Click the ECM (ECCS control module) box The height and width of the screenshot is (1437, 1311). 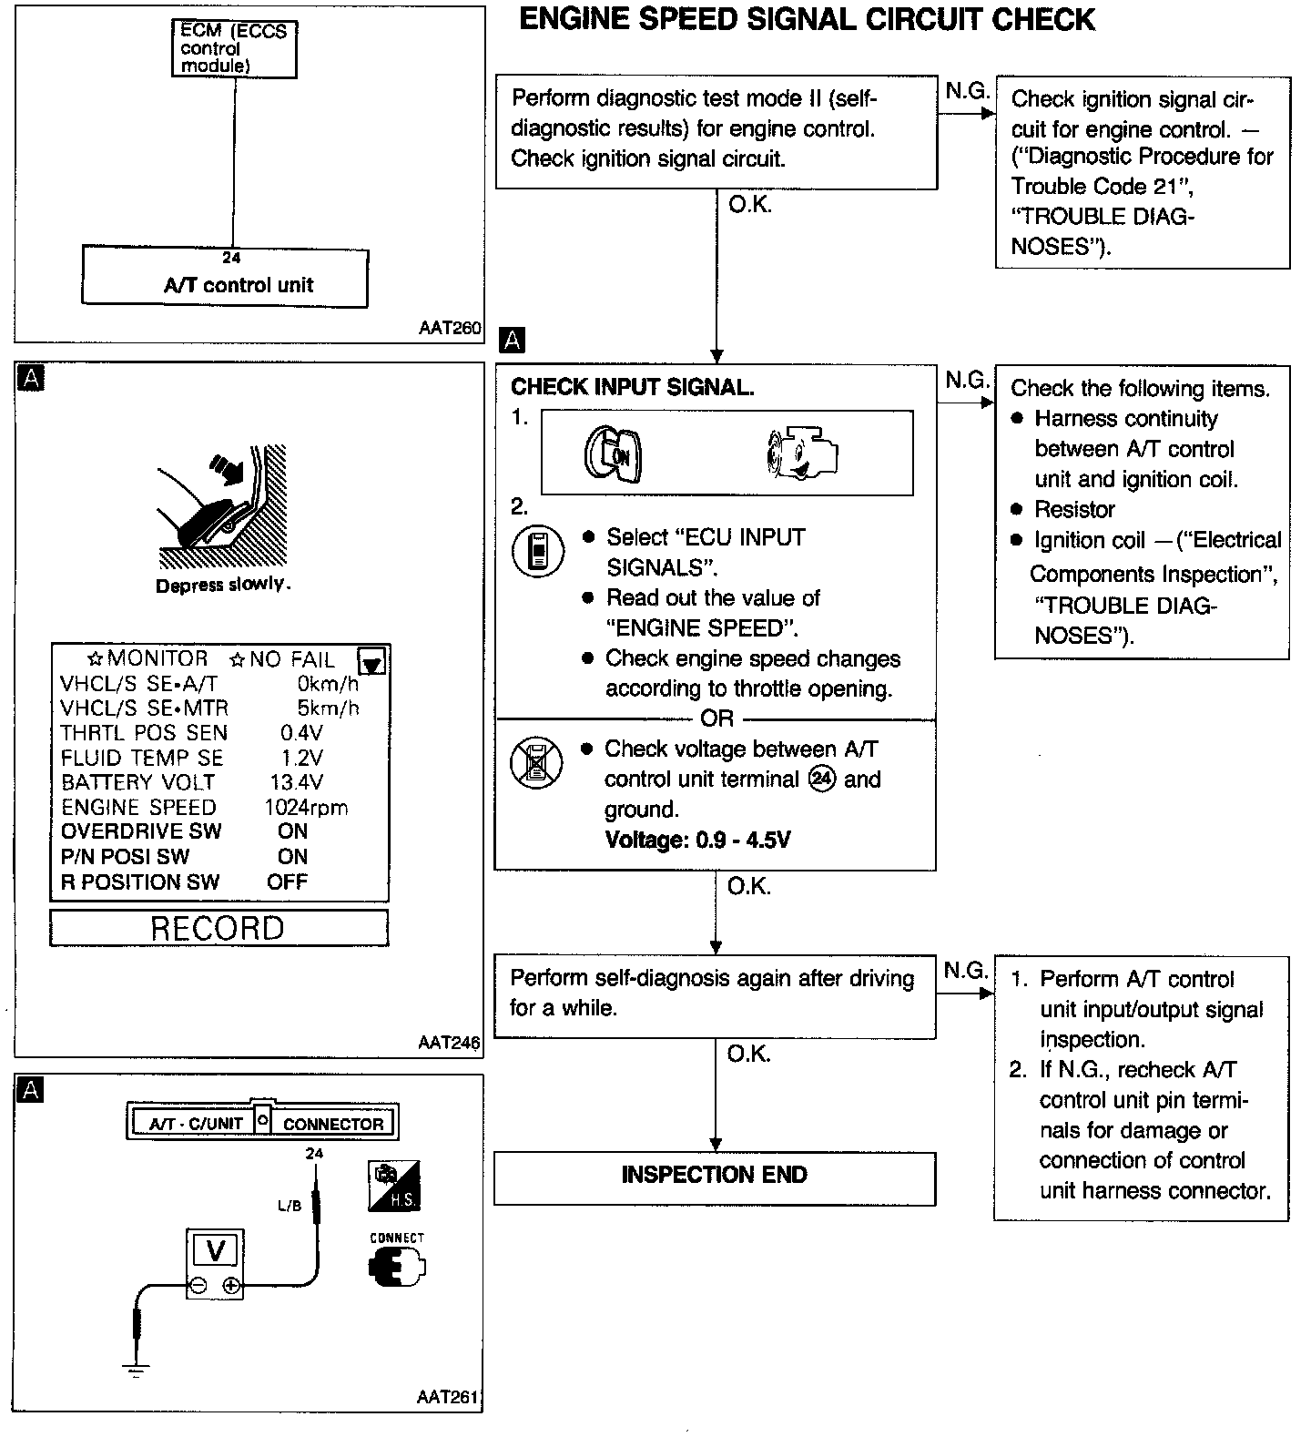pyautogui.click(x=234, y=49)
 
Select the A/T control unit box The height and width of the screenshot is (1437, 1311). pyautogui.click(x=226, y=278)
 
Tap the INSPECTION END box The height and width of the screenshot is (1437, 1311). pyautogui.click(x=714, y=1176)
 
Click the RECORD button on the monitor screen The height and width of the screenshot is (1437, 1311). pyautogui.click(x=218, y=928)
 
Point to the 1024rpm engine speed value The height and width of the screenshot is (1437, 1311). pyautogui.click(x=306, y=807)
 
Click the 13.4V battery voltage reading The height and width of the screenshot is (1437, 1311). pyautogui.click(x=297, y=782)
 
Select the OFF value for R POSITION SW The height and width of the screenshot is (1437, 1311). pyautogui.click(x=287, y=882)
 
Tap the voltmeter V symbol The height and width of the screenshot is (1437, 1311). pyautogui.click(x=215, y=1250)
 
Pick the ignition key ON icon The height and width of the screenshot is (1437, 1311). pyautogui.click(x=613, y=454)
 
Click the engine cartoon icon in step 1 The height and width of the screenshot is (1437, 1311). pyautogui.click(x=801, y=453)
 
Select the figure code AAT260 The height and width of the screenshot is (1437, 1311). pyautogui.click(x=450, y=328)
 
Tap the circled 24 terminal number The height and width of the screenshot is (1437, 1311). pyautogui.click(x=822, y=780)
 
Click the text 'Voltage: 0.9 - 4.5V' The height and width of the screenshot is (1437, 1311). pyautogui.click(x=697, y=840)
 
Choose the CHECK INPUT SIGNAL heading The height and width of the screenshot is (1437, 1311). pyautogui.click(x=632, y=387)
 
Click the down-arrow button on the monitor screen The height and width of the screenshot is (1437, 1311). pyautogui.click(x=372, y=660)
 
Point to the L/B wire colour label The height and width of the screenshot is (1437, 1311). pyautogui.click(x=289, y=1206)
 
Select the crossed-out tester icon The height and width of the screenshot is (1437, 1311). pyautogui.click(x=531, y=763)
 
